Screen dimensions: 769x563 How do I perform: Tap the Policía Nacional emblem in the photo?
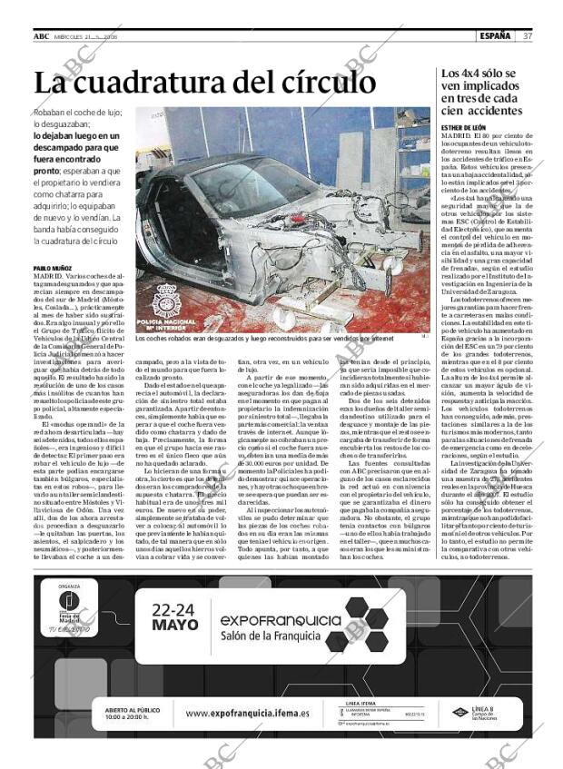point(166,300)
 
